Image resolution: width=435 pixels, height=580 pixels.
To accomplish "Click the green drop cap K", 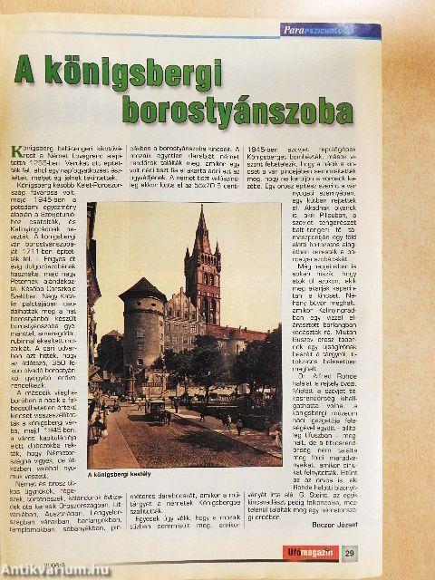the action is coord(17,153).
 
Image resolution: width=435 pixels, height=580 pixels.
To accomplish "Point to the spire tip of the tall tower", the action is coord(201,208).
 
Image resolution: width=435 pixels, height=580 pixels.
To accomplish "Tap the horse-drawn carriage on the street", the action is coord(158,410).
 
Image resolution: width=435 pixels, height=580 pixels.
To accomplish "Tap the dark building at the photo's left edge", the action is coord(92,299).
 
